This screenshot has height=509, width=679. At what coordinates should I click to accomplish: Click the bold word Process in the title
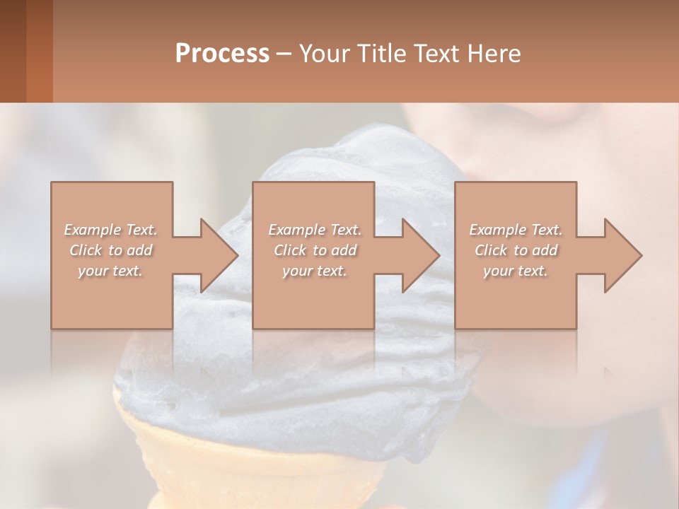[x=222, y=54]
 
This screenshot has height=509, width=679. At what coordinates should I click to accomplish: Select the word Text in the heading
[x=438, y=54]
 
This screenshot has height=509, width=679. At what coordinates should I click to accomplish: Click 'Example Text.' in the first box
[x=110, y=230]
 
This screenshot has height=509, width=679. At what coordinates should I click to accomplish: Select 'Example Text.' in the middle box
[x=314, y=230]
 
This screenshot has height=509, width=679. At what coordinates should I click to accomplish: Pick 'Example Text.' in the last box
[x=516, y=230]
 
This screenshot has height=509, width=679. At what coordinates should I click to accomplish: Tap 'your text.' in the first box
[x=110, y=271]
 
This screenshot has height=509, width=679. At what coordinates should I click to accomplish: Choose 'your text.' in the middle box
[x=314, y=271]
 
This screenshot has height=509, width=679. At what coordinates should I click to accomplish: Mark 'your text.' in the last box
[x=516, y=271]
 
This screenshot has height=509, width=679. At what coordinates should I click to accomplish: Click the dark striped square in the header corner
[x=26, y=51]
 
